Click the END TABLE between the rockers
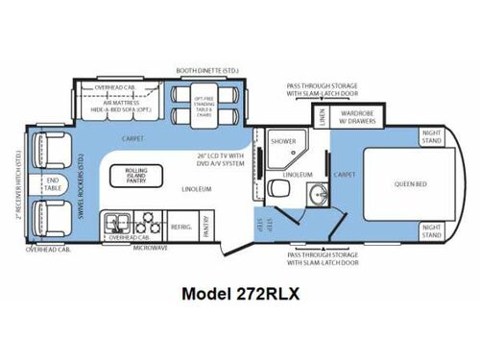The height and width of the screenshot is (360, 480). pos(53,184)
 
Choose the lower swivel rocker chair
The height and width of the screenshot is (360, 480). pos(51,218)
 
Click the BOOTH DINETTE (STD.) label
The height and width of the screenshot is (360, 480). pos(204,70)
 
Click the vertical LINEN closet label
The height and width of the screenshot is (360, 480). pos(323,116)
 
